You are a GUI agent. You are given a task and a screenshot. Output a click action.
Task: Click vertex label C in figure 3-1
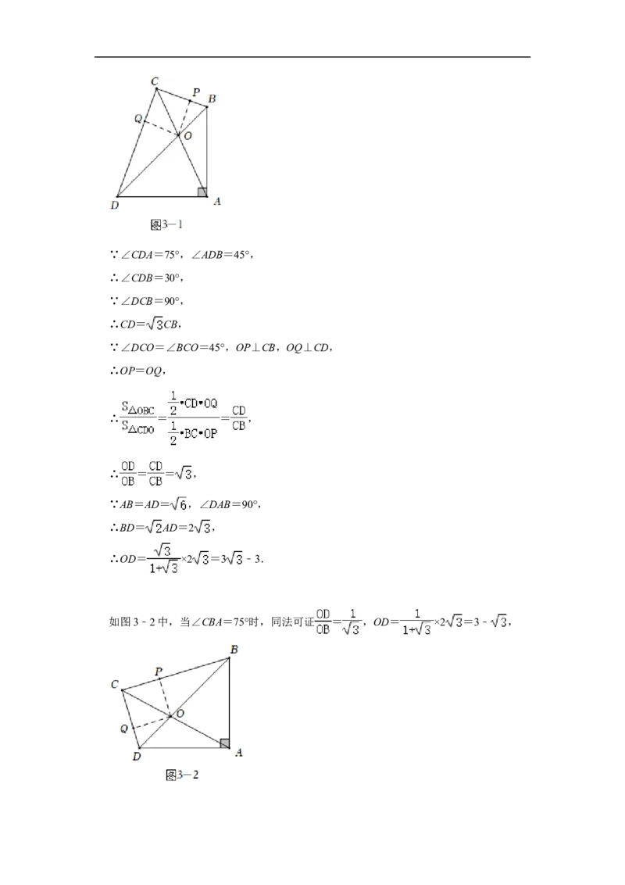click(155, 82)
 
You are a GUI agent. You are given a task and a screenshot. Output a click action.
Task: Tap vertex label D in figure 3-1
click(115, 206)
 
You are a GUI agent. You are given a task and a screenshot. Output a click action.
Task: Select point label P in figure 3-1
click(196, 92)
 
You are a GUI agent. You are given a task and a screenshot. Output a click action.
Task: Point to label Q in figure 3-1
click(138, 119)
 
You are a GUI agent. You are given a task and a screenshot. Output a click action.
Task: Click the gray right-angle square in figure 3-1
click(202, 192)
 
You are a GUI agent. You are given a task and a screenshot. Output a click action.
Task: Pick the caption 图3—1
click(166, 224)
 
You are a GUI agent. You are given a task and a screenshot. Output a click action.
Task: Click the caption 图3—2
click(182, 775)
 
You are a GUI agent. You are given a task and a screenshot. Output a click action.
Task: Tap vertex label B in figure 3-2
click(234, 650)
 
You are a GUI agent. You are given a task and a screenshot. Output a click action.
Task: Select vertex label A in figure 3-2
click(238, 752)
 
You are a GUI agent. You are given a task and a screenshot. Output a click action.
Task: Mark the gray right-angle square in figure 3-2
click(224, 743)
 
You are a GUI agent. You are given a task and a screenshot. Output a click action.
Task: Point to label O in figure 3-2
click(180, 714)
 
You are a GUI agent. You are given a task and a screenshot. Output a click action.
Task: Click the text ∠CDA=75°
click(149, 255)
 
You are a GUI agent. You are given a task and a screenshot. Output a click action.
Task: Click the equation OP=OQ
click(141, 371)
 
